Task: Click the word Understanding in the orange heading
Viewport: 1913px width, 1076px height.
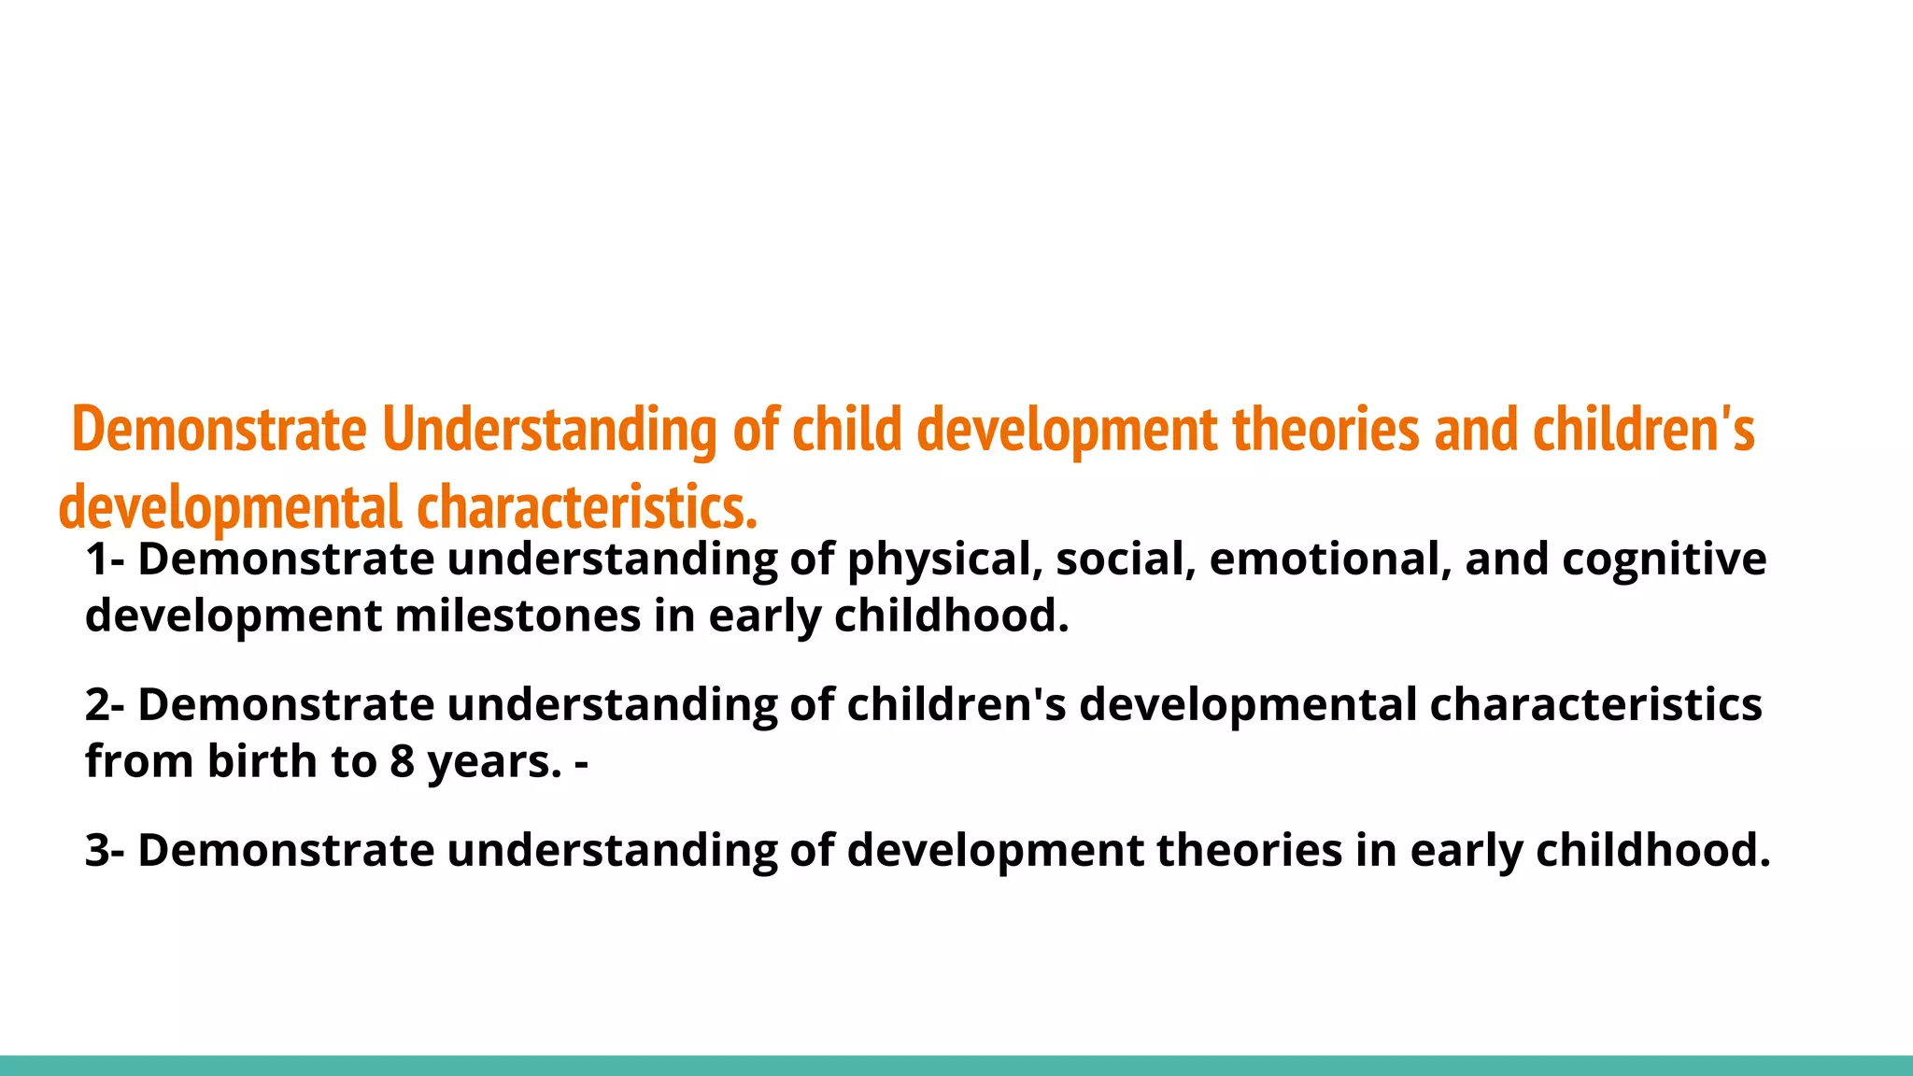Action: pos(548,431)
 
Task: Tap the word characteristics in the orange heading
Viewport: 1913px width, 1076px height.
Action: pos(586,508)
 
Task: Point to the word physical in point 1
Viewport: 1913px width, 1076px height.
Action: pos(943,559)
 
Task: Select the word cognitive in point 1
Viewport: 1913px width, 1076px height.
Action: pos(1664,559)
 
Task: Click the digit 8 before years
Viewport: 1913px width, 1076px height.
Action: pos(402,760)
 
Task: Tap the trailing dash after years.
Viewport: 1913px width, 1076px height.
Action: pos(581,762)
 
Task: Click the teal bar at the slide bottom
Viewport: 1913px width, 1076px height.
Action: pos(956,1066)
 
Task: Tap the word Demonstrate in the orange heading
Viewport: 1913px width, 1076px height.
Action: pos(219,431)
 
